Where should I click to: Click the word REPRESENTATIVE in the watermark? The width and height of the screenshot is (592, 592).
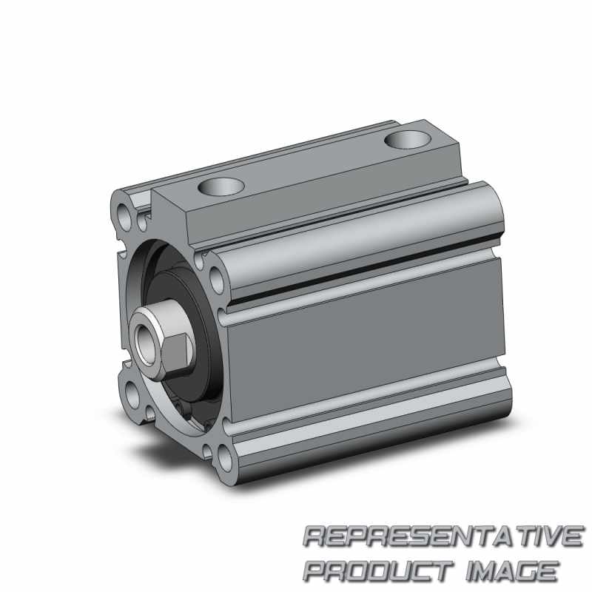tap(443, 536)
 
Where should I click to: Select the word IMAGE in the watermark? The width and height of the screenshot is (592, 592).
tap(512, 571)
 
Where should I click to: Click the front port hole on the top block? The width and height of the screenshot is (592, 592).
tap(221, 186)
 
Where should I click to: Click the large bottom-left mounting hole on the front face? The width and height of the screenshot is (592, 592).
tap(132, 395)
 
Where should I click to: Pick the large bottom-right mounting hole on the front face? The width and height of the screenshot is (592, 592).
tap(226, 458)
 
